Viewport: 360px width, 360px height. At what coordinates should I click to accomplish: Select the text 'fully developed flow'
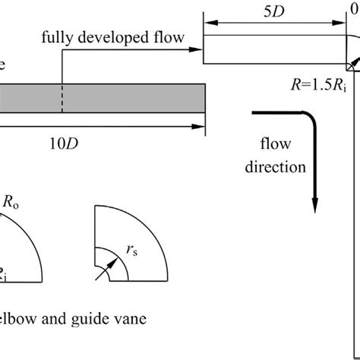112,36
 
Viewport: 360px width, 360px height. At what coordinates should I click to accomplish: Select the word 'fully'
58,36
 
